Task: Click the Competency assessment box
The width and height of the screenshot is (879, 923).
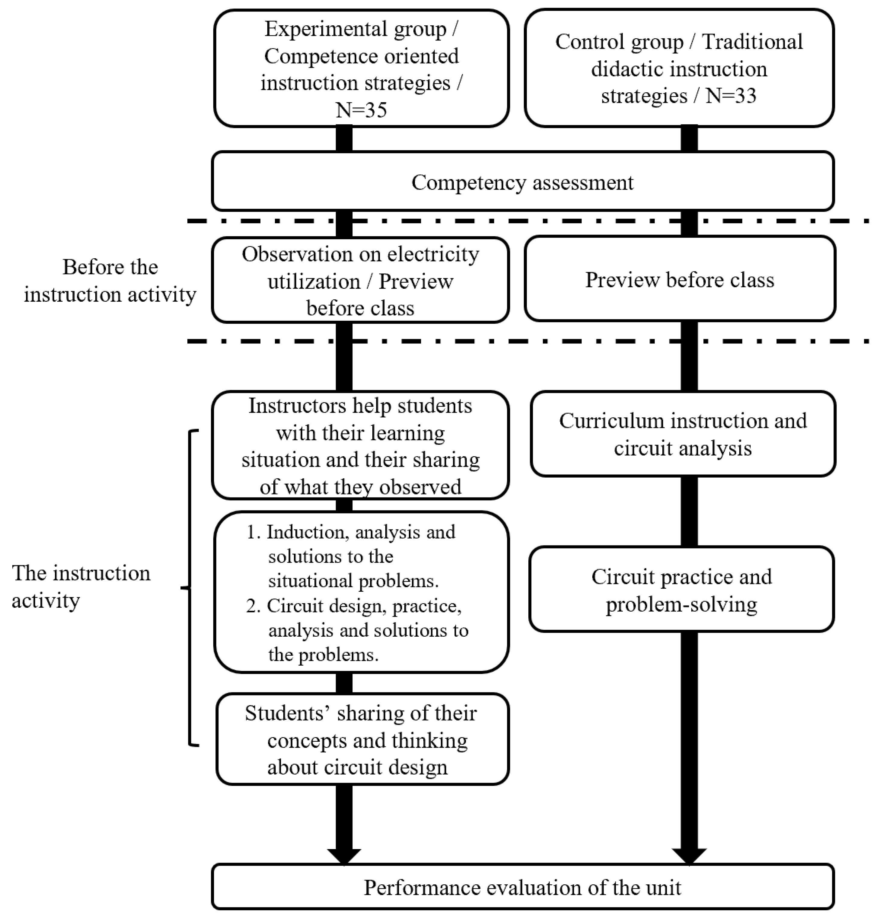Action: (522, 182)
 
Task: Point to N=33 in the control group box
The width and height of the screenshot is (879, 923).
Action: (731, 96)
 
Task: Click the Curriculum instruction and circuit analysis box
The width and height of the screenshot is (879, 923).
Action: (682, 434)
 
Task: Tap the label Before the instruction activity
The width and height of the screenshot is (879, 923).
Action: (110, 281)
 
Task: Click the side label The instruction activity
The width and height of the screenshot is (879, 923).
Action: (81, 586)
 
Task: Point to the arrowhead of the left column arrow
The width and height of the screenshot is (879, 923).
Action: (344, 855)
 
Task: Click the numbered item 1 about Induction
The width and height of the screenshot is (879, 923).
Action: (352, 556)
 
